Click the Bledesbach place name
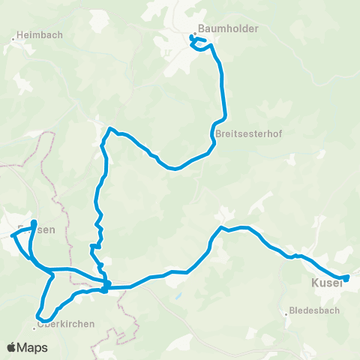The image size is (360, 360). [314, 310]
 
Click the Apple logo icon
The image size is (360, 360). [12, 347]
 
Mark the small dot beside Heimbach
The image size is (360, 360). [15, 35]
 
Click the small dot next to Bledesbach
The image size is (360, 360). [286, 314]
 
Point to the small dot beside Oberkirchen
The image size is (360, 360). [34, 325]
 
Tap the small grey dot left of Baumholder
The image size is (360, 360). [194, 34]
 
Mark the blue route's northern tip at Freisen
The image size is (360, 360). [34, 221]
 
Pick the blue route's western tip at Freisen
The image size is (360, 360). [13, 233]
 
